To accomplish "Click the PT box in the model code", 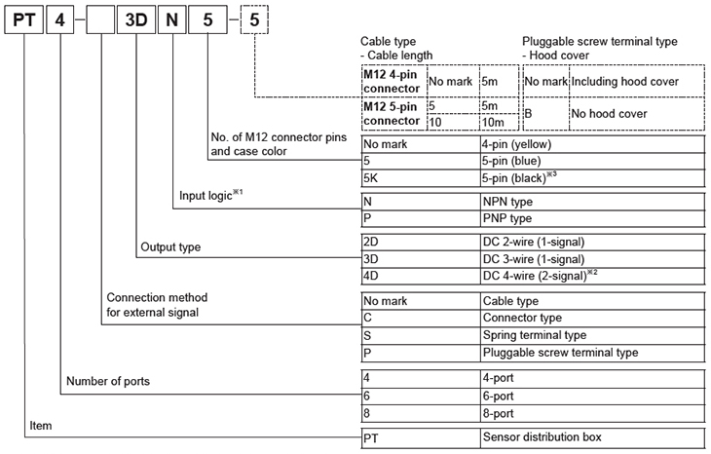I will pyautogui.click(x=22, y=19).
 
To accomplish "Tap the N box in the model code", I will pyautogui.click(x=172, y=19).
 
